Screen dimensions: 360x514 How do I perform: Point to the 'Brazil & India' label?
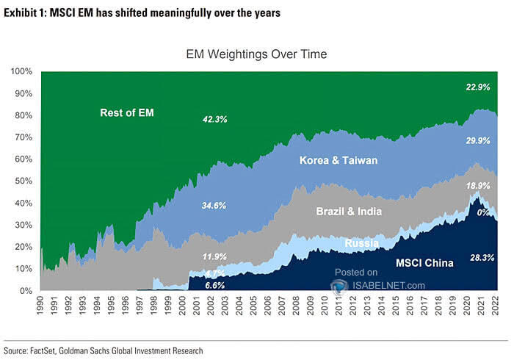pyautogui.click(x=350, y=212)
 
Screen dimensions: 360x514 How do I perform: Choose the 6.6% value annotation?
pyautogui.click(x=214, y=284)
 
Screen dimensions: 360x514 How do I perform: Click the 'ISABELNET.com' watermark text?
pyautogui.click(x=390, y=285)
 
